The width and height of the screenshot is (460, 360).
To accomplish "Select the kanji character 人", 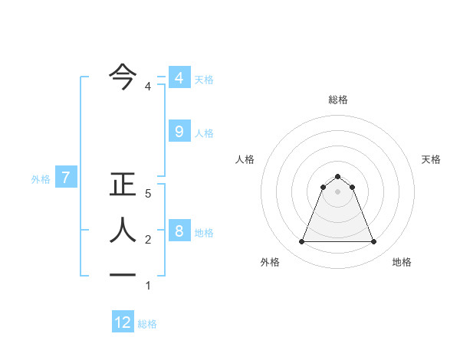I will [x=123, y=231].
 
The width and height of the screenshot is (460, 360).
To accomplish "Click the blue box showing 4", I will [x=179, y=78].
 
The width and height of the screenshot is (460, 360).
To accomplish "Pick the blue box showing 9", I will [x=179, y=132].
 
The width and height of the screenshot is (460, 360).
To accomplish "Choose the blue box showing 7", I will [x=66, y=178].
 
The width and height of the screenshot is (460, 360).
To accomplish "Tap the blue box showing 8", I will [x=179, y=231].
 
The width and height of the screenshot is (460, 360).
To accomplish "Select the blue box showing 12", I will [x=123, y=322].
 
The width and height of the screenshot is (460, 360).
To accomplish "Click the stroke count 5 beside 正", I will [x=148, y=195].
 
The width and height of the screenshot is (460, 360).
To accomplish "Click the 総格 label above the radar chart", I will [x=338, y=100].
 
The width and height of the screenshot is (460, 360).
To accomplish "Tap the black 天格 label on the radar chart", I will [x=432, y=159].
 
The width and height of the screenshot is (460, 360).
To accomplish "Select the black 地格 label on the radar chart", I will [x=402, y=262].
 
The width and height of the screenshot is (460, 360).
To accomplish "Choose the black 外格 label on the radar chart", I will [x=270, y=262].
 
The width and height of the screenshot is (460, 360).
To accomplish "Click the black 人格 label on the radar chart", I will [x=245, y=159].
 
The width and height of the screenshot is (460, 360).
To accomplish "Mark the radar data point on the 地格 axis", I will [x=374, y=242].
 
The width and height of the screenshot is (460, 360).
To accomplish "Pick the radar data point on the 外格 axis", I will [x=301, y=242].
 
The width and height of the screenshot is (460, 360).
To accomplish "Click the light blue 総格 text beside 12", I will [x=147, y=324].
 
